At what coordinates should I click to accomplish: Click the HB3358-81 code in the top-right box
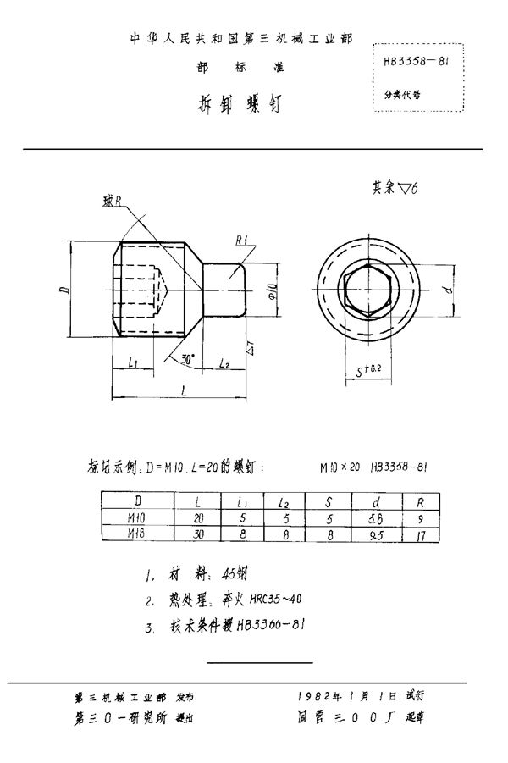coord(416,62)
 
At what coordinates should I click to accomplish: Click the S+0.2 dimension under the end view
coord(369,371)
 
